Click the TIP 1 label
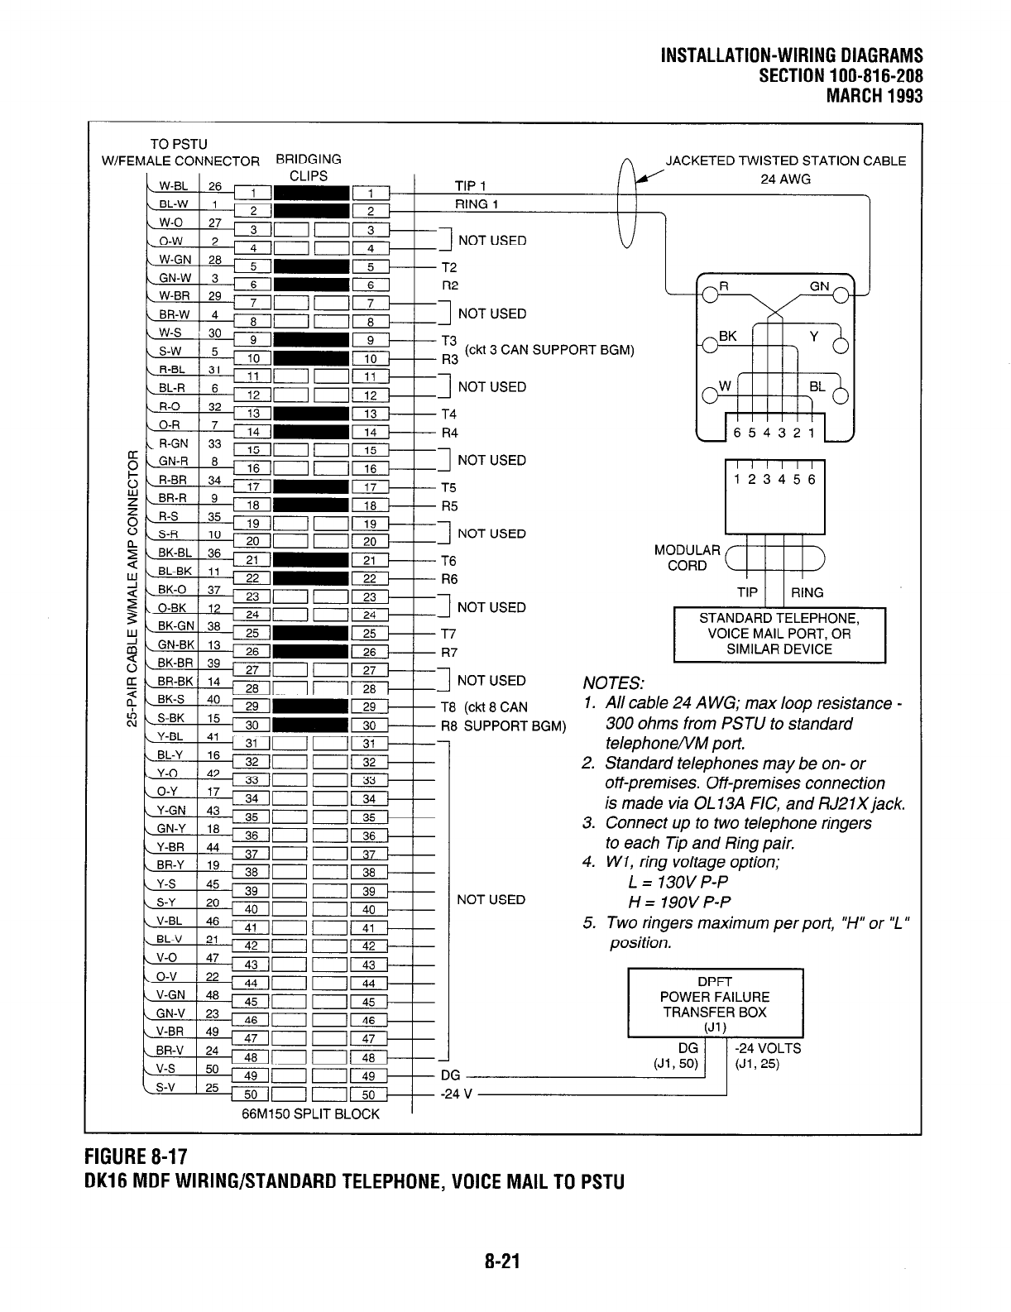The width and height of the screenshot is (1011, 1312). click(470, 185)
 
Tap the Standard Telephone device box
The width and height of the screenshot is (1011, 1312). click(779, 634)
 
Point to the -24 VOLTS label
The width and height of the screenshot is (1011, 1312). click(768, 1048)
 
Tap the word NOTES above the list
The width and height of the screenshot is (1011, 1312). click(613, 683)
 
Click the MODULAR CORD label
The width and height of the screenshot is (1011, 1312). click(687, 558)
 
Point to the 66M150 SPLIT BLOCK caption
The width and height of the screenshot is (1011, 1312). click(310, 1113)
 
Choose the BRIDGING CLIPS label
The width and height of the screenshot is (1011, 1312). click(309, 167)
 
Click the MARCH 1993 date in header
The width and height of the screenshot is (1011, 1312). click(874, 95)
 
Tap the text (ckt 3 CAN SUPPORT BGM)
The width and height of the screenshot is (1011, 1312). click(549, 350)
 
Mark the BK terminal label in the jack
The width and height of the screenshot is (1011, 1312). click(728, 336)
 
